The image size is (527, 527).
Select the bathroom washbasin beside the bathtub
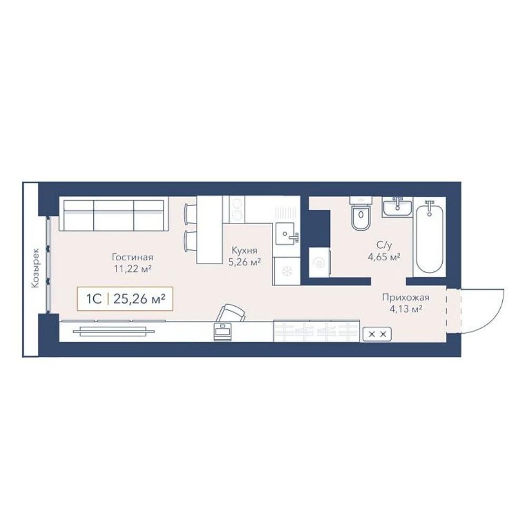coord(397,207)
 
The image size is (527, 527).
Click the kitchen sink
coord(287,233)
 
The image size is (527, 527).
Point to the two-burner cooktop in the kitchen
coord(237,209)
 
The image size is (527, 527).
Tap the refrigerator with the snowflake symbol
coord(286,271)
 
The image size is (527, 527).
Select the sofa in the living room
coord(114,214)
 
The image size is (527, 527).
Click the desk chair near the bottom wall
coord(231,313)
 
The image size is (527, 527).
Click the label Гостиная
coord(132,258)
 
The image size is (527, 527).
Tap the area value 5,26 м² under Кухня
coord(245,262)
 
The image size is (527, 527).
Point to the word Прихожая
coord(406,297)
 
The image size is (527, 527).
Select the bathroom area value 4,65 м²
coord(384,257)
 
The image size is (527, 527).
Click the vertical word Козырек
coord(35,268)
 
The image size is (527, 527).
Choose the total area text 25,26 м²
coord(140,298)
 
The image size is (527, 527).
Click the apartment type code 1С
coord(94,298)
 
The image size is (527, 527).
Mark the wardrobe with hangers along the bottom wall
coord(317,331)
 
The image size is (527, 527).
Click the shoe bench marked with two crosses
coord(377,334)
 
